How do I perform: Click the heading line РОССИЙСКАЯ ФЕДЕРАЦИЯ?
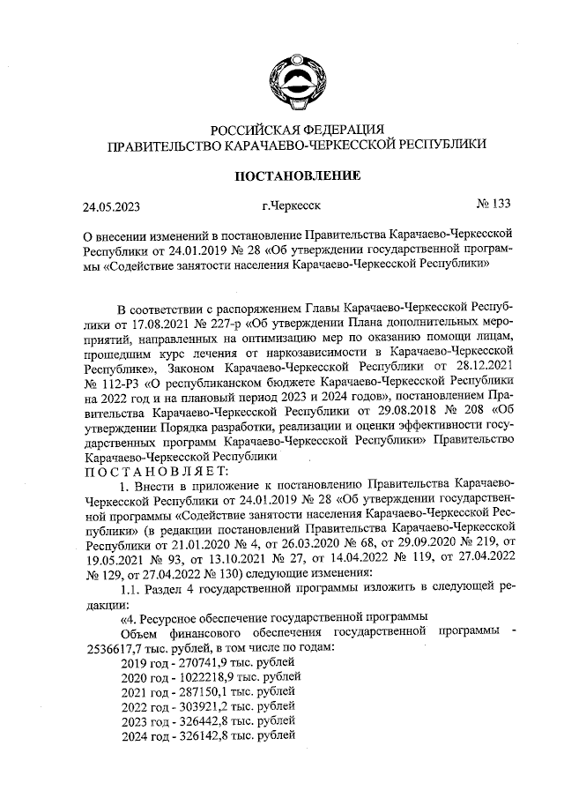[x=295, y=130]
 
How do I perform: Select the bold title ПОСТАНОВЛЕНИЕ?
[x=295, y=176]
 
